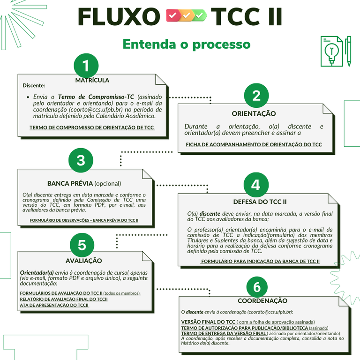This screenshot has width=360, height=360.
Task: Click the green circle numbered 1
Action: [x=86, y=66]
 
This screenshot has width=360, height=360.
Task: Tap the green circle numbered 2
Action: [x=256, y=96]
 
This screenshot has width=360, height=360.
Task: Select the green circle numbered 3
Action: [x=81, y=160]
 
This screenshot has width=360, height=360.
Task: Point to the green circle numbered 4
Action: [x=255, y=185]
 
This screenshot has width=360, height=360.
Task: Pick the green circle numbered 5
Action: [x=82, y=245]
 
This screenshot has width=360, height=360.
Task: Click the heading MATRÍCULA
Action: [x=92, y=80]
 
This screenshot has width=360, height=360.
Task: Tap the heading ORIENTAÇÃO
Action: [x=254, y=113]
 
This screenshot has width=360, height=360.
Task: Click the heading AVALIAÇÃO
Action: [x=84, y=261]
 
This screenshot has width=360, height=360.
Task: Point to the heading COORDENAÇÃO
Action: [x=262, y=300]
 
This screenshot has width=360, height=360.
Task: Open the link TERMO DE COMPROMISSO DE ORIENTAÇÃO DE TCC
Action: [x=92, y=127]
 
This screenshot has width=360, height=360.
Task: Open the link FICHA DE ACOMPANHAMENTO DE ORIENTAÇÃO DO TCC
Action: [x=254, y=145]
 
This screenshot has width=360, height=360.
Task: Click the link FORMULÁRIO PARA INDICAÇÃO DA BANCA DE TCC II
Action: [x=260, y=261]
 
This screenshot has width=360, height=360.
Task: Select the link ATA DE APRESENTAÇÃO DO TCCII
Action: [x=54, y=305]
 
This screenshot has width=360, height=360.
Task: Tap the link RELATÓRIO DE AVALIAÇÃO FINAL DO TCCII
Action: [x=64, y=299]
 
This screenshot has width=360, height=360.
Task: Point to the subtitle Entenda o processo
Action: [x=187, y=44]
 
